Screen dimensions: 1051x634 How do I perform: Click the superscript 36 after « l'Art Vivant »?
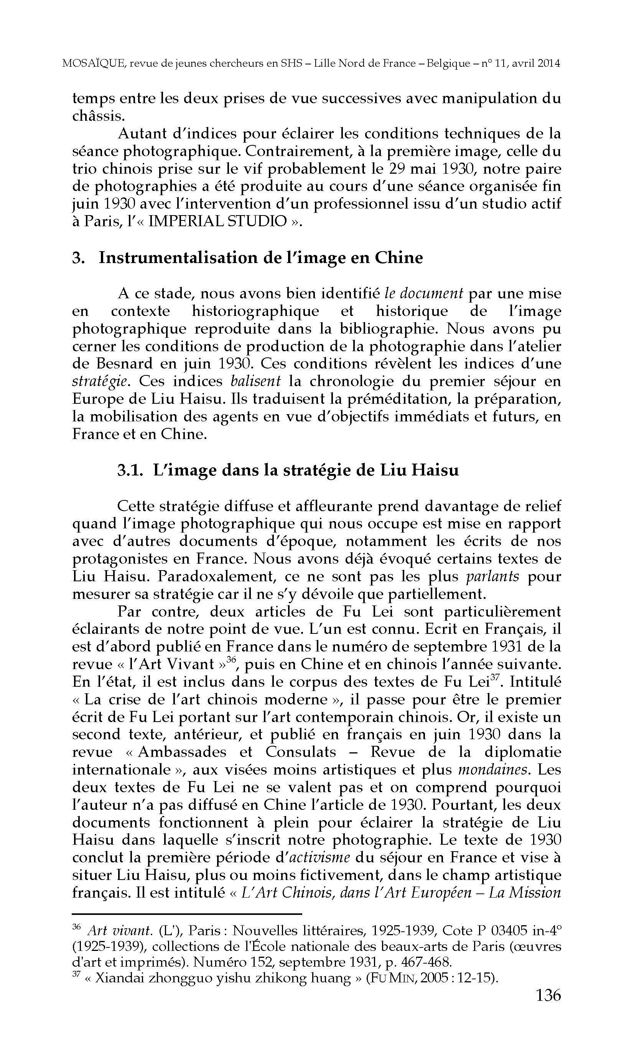pos(232,659)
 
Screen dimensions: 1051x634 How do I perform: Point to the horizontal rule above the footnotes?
pos(187,914)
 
